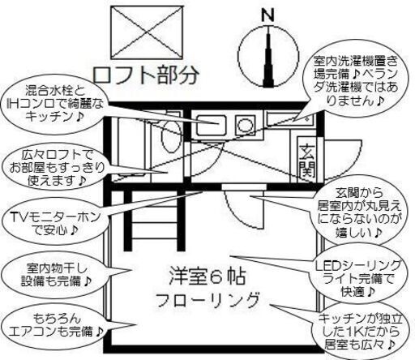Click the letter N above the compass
coord(267,15)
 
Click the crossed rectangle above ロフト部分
coord(147,32)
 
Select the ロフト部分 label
coord(146,75)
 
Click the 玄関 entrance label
coord(307,161)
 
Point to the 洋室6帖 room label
coord(207,276)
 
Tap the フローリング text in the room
coord(207,299)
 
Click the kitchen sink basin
coord(211,126)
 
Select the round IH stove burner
coord(246,125)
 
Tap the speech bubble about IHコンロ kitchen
coord(55,105)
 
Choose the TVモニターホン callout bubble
coord(55,224)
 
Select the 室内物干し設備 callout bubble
coord(55,275)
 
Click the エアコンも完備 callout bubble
coord(55,325)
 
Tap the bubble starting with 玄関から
coord(359,212)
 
